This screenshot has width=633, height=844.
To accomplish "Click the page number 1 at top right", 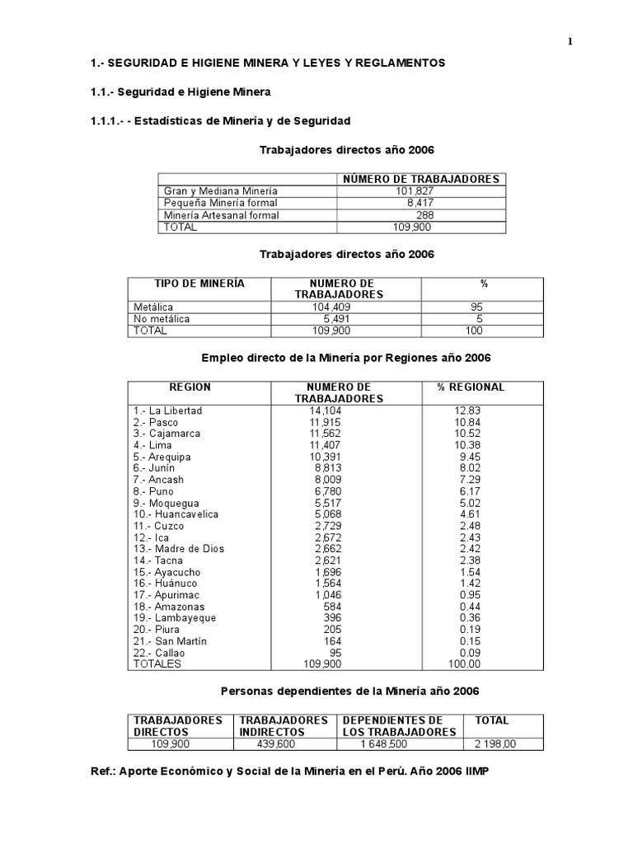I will (570, 43).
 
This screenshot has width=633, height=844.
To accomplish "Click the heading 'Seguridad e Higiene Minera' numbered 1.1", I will (181, 91).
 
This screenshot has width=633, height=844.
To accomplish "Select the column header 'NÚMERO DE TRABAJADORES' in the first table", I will (420, 179).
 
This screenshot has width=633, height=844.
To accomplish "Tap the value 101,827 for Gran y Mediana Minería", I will (415, 190).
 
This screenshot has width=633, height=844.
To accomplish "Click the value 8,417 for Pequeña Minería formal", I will (420, 203).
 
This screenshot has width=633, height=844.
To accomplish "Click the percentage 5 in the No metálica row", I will (479, 319).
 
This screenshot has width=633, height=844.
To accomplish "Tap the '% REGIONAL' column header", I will (472, 387).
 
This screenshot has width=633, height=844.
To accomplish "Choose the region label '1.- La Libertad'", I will (167, 410).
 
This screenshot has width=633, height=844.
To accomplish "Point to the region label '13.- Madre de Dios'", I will (179, 549).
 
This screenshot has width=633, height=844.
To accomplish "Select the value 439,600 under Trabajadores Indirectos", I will (277, 743).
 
